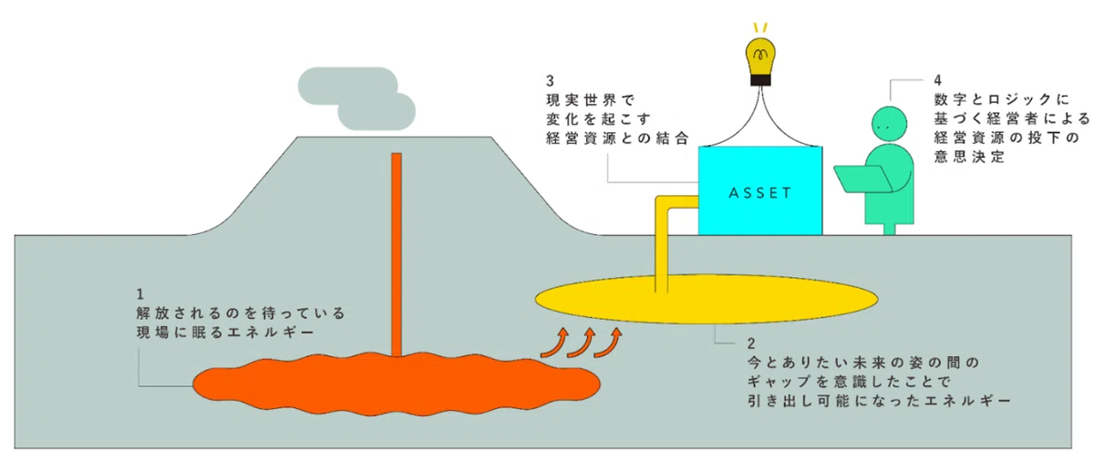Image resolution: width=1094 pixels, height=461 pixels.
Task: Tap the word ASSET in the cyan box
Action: [760, 193]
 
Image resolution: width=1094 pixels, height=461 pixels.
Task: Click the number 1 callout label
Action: [140, 294]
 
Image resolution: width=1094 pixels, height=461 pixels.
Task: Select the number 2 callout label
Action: [751, 343]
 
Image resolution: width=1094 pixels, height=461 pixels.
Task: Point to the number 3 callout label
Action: [551, 80]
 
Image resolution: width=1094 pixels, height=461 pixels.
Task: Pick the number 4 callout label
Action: [938, 80]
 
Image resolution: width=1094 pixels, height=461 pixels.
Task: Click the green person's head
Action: [890, 124]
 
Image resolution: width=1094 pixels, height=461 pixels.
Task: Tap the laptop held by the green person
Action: [862, 179]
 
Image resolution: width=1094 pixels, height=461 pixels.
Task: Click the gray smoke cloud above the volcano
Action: [356, 98]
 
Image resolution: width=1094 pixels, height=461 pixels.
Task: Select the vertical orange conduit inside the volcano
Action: [397, 255]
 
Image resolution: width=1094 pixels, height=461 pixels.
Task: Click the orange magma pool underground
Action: [397, 384]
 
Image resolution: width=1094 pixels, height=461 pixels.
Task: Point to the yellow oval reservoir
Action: [707, 299]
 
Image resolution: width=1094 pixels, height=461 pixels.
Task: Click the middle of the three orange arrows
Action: [582, 342]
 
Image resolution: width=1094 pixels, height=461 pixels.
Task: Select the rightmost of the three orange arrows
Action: [608, 342]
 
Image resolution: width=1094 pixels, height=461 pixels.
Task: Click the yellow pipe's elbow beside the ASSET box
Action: [662, 203]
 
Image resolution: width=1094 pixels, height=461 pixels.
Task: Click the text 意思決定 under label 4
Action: [969, 157]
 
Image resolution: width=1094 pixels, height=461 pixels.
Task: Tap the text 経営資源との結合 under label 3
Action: [617, 138]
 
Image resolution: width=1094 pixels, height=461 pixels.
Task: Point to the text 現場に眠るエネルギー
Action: [225, 333]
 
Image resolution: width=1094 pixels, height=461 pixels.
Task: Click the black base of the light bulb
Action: [760, 80]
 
